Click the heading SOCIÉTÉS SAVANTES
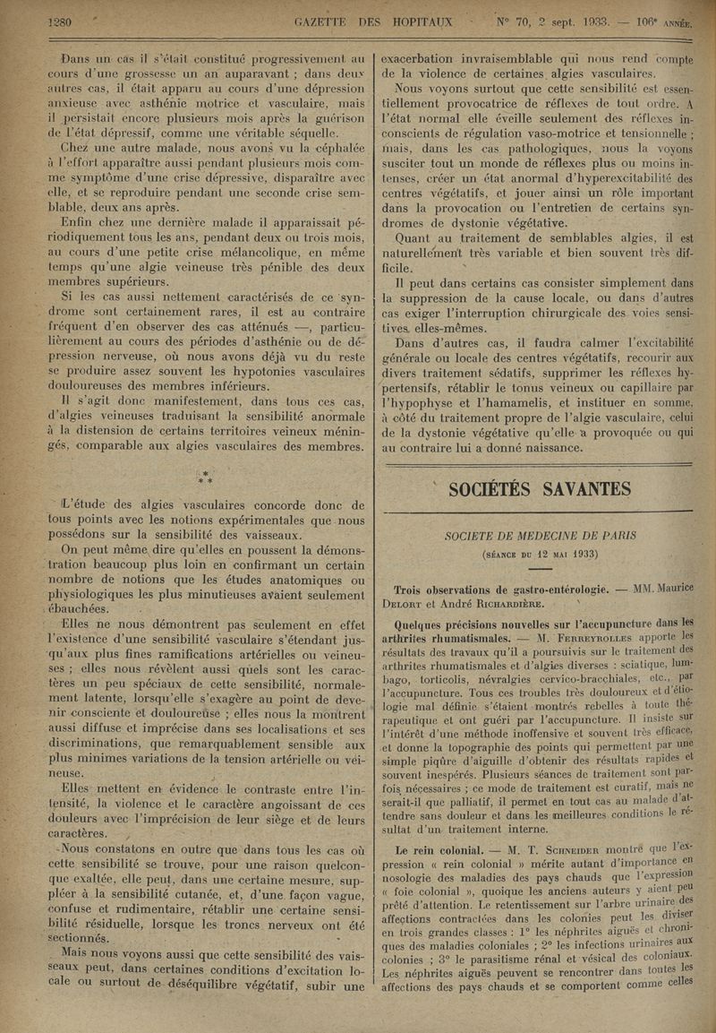(540, 488)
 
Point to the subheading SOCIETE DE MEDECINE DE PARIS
(540, 537)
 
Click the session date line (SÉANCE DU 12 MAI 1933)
(540, 553)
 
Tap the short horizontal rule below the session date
(540, 568)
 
